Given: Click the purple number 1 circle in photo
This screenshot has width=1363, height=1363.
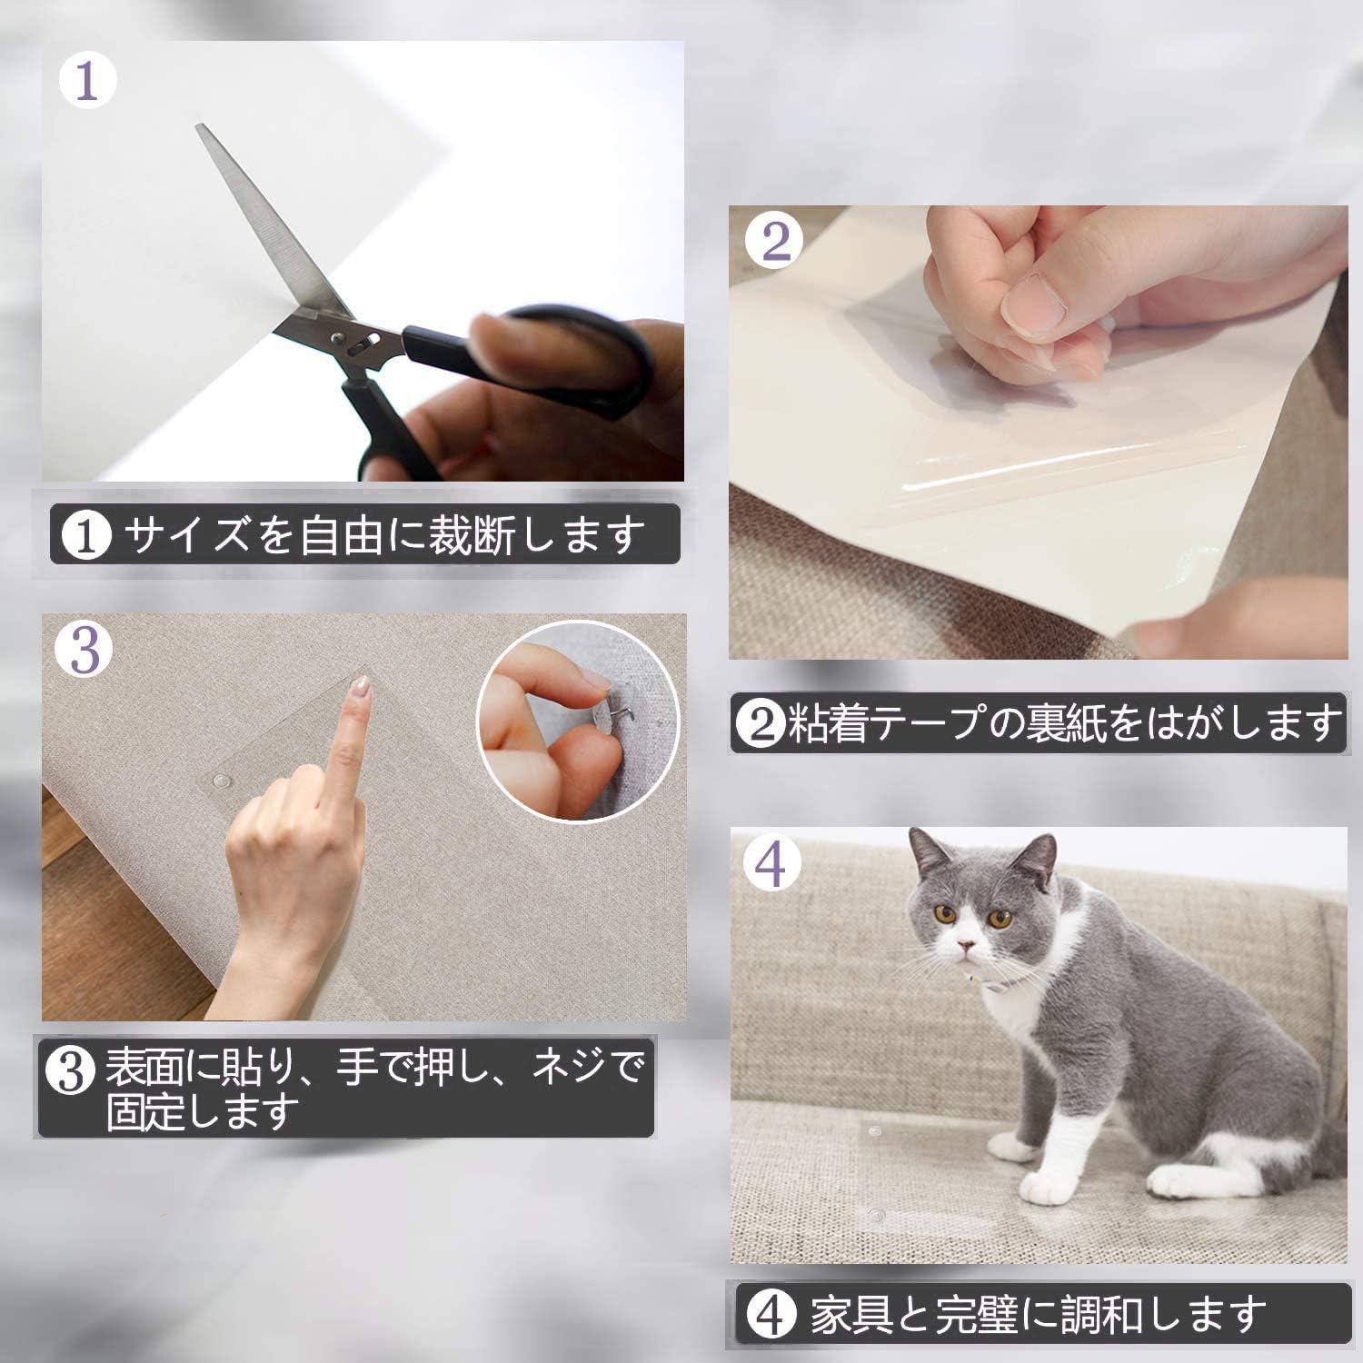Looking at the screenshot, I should tap(88, 81).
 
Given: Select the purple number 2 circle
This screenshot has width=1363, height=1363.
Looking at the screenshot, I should tap(775, 243).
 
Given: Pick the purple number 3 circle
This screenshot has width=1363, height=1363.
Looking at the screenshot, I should tap(85, 650).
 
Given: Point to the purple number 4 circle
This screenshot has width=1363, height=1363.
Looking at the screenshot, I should tap(771, 865).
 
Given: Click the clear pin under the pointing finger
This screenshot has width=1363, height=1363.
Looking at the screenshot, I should tap(219, 781).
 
